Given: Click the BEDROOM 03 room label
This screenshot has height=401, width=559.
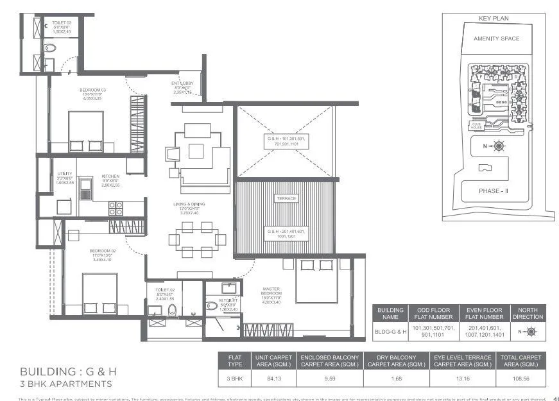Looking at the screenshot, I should (x=92, y=90).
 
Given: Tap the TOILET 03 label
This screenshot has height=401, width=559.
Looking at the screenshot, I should (x=62, y=23).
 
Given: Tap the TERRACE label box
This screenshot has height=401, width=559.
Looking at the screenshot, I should (x=286, y=199).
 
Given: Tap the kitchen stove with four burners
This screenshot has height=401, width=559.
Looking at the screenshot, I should (x=116, y=208).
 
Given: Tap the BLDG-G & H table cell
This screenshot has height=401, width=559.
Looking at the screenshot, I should (x=390, y=332).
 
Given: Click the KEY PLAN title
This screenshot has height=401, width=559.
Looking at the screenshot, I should (x=494, y=19).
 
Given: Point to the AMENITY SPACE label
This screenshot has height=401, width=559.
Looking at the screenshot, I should (x=496, y=38).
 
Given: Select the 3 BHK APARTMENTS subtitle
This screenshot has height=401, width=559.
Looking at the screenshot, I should (x=66, y=384).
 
